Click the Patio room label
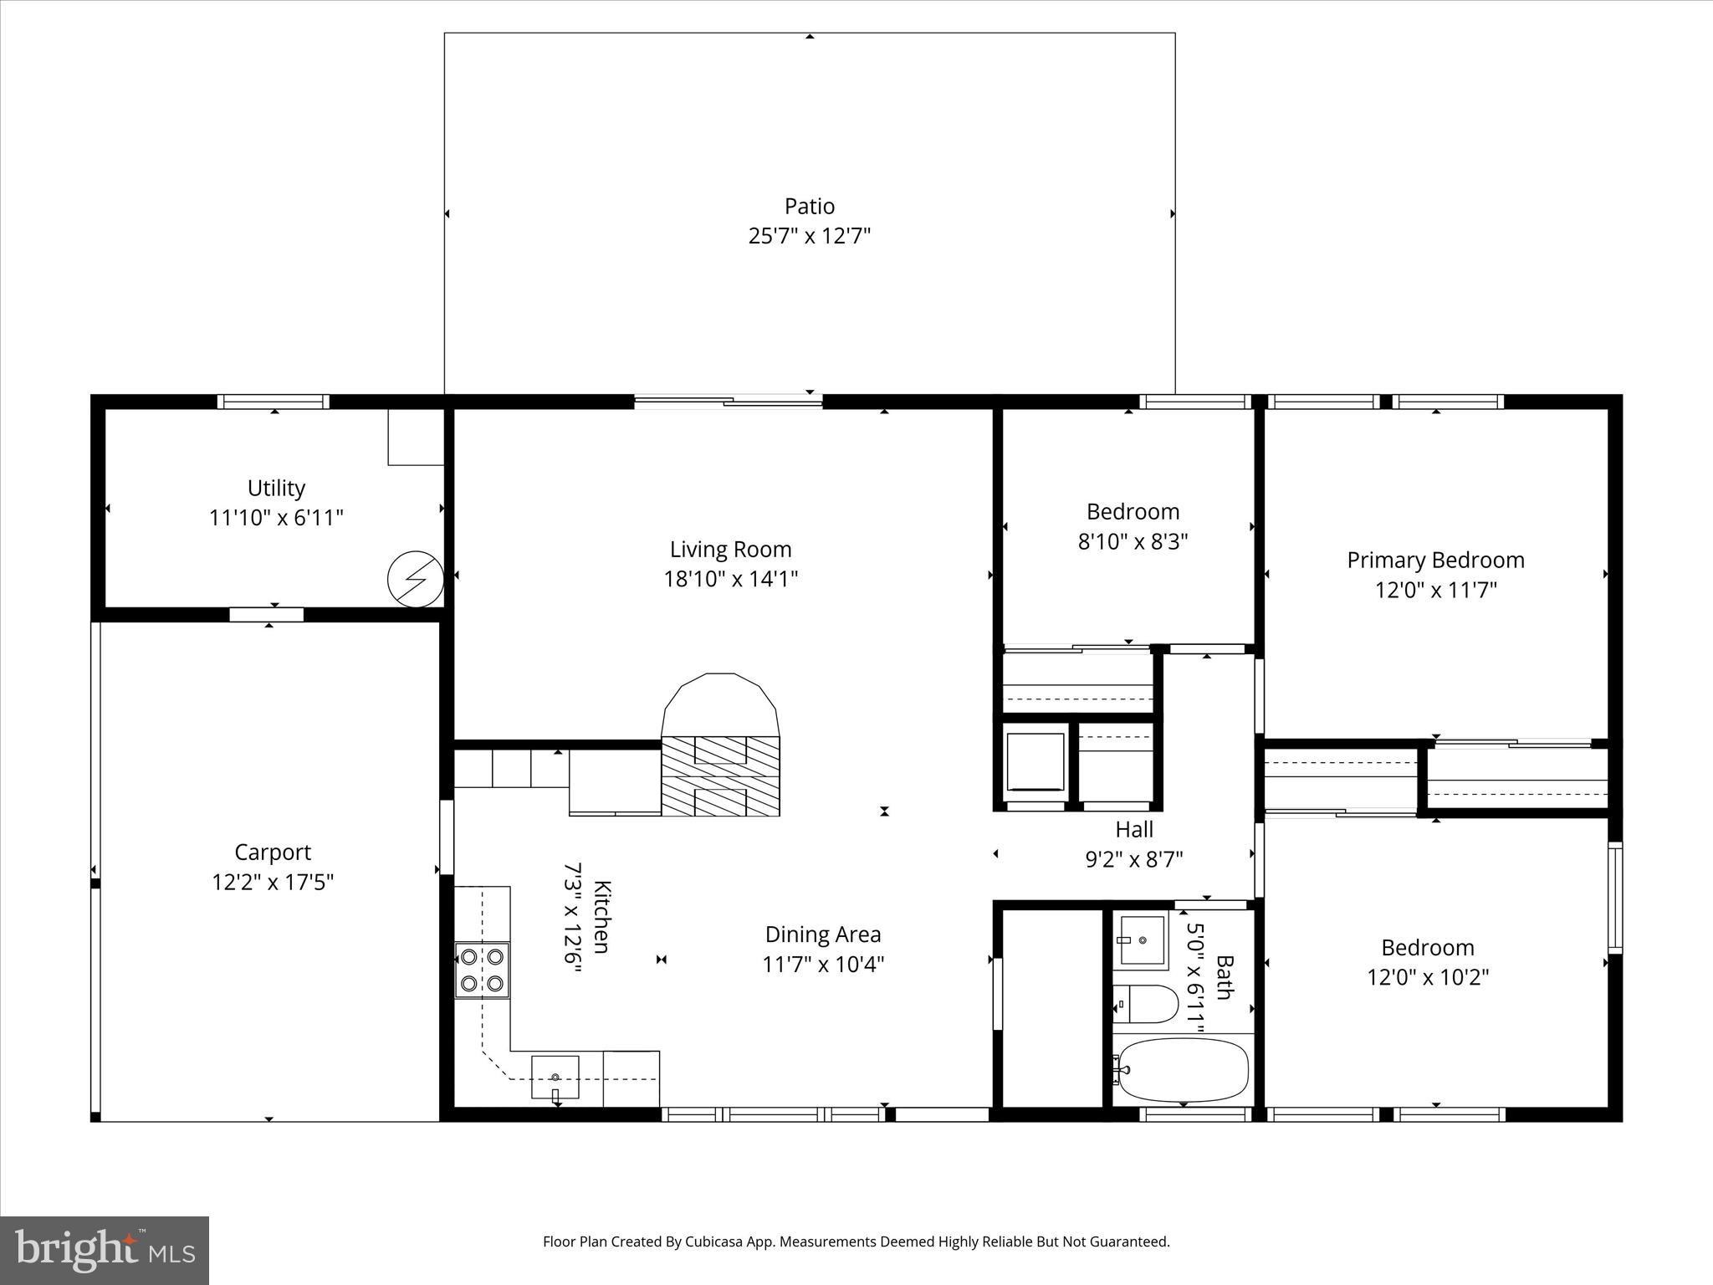click(809, 206)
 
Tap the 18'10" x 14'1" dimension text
click(730, 579)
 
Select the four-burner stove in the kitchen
click(483, 970)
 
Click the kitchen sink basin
click(555, 1077)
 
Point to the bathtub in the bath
click(1183, 1070)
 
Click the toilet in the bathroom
click(1146, 1004)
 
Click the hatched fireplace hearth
click(720, 776)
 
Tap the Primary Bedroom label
click(1435, 560)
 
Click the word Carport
click(273, 852)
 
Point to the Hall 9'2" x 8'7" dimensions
click(1134, 859)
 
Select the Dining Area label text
click(823, 934)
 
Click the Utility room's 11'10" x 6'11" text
click(276, 518)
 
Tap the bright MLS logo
click(105, 1250)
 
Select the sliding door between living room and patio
click(728, 402)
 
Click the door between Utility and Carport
click(267, 615)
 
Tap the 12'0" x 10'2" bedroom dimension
click(1428, 977)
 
